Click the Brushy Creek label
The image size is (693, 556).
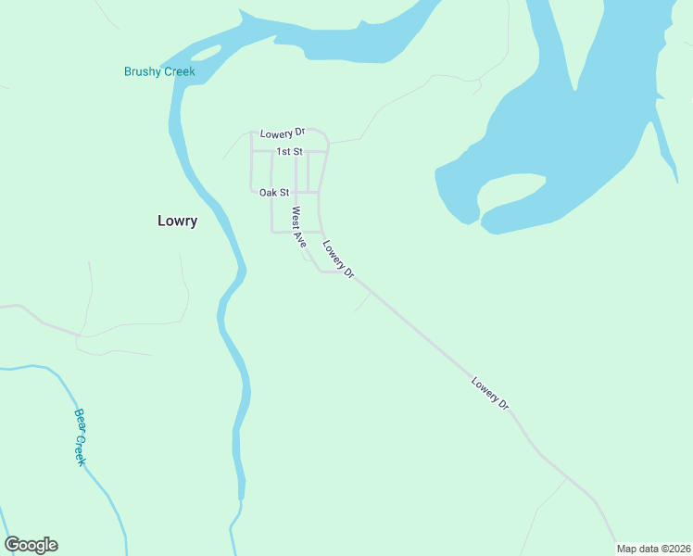tap(159, 71)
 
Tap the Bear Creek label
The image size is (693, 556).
tap(80, 436)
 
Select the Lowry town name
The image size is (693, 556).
tap(177, 221)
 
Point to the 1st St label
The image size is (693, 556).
tap(289, 151)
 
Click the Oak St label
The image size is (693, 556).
tap(274, 193)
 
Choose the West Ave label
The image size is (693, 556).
tap(298, 227)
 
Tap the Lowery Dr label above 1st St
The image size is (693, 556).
tap(283, 133)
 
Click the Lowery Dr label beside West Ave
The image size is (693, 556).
tap(338, 259)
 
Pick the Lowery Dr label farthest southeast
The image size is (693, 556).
tap(490, 393)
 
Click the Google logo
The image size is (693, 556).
tap(31, 545)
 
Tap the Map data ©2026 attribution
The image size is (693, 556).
tap(653, 549)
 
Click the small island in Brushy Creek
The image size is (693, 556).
tap(206, 53)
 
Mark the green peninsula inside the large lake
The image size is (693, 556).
tap(508, 194)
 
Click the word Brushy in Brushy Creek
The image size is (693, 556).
tap(143, 71)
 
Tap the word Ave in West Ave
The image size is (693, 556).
tap(300, 238)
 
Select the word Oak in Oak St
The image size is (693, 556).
tap(268, 193)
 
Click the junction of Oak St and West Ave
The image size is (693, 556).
tap(296, 193)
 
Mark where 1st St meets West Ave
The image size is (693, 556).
tap(296, 151)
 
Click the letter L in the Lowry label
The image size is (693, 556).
tap(161, 221)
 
